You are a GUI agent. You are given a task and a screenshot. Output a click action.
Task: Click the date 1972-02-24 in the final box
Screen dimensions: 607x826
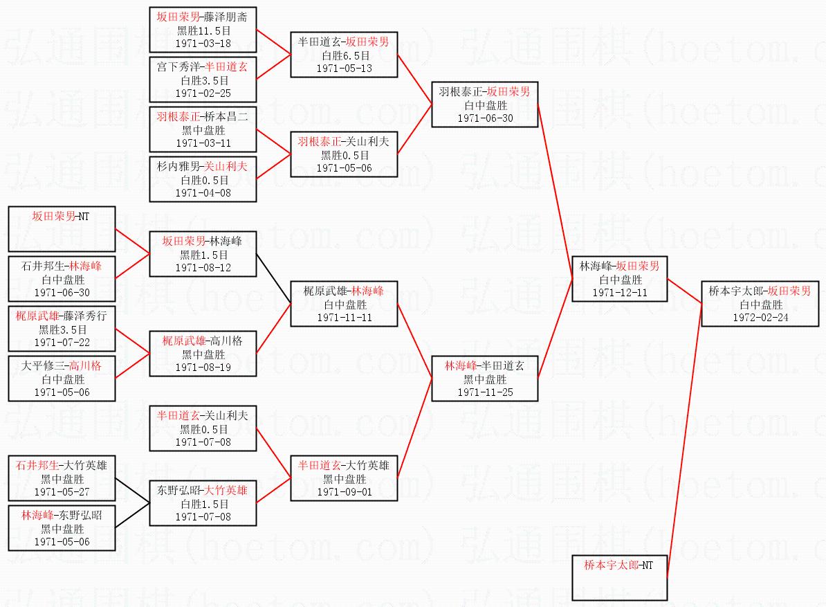coord(755,318)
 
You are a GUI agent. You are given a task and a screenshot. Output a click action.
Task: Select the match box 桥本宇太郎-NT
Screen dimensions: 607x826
coord(620,577)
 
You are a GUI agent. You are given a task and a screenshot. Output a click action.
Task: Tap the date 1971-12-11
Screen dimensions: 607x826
coord(620,293)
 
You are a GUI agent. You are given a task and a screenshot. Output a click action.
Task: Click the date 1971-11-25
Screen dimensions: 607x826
coord(484,392)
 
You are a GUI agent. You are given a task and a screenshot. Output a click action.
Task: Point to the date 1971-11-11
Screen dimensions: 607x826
coord(344,318)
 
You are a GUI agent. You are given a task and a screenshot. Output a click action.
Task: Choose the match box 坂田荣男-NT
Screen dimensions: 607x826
coord(62,228)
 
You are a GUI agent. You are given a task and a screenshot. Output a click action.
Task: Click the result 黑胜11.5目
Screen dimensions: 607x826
coord(203,30)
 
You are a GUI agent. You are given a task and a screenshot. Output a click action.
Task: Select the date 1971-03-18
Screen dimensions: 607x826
coord(203,43)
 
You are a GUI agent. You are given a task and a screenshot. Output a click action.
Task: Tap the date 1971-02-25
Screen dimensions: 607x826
coord(203,93)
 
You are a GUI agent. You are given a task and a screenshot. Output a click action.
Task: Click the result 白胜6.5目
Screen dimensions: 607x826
coord(344,55)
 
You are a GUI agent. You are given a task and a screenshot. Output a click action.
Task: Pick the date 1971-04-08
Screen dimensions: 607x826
coord(203,192)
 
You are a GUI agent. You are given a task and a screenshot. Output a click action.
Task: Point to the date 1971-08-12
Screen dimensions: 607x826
coord(203,267)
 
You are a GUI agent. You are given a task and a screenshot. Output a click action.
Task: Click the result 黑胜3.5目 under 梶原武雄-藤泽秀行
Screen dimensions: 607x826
coord(62,329)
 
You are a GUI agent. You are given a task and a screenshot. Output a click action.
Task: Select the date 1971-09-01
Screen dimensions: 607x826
coord(344,491)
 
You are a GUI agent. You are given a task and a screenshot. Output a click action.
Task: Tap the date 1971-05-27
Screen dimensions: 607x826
coord(62,491)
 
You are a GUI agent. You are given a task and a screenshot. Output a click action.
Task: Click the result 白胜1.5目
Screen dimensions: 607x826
coord(203,504)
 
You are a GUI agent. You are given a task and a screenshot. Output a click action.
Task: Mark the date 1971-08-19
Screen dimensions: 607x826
coord(203,367)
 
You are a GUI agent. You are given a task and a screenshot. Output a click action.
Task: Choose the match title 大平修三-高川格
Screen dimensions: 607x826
coord(62,366)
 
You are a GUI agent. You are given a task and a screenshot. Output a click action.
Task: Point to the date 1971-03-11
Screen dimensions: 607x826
coord(203,143)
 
